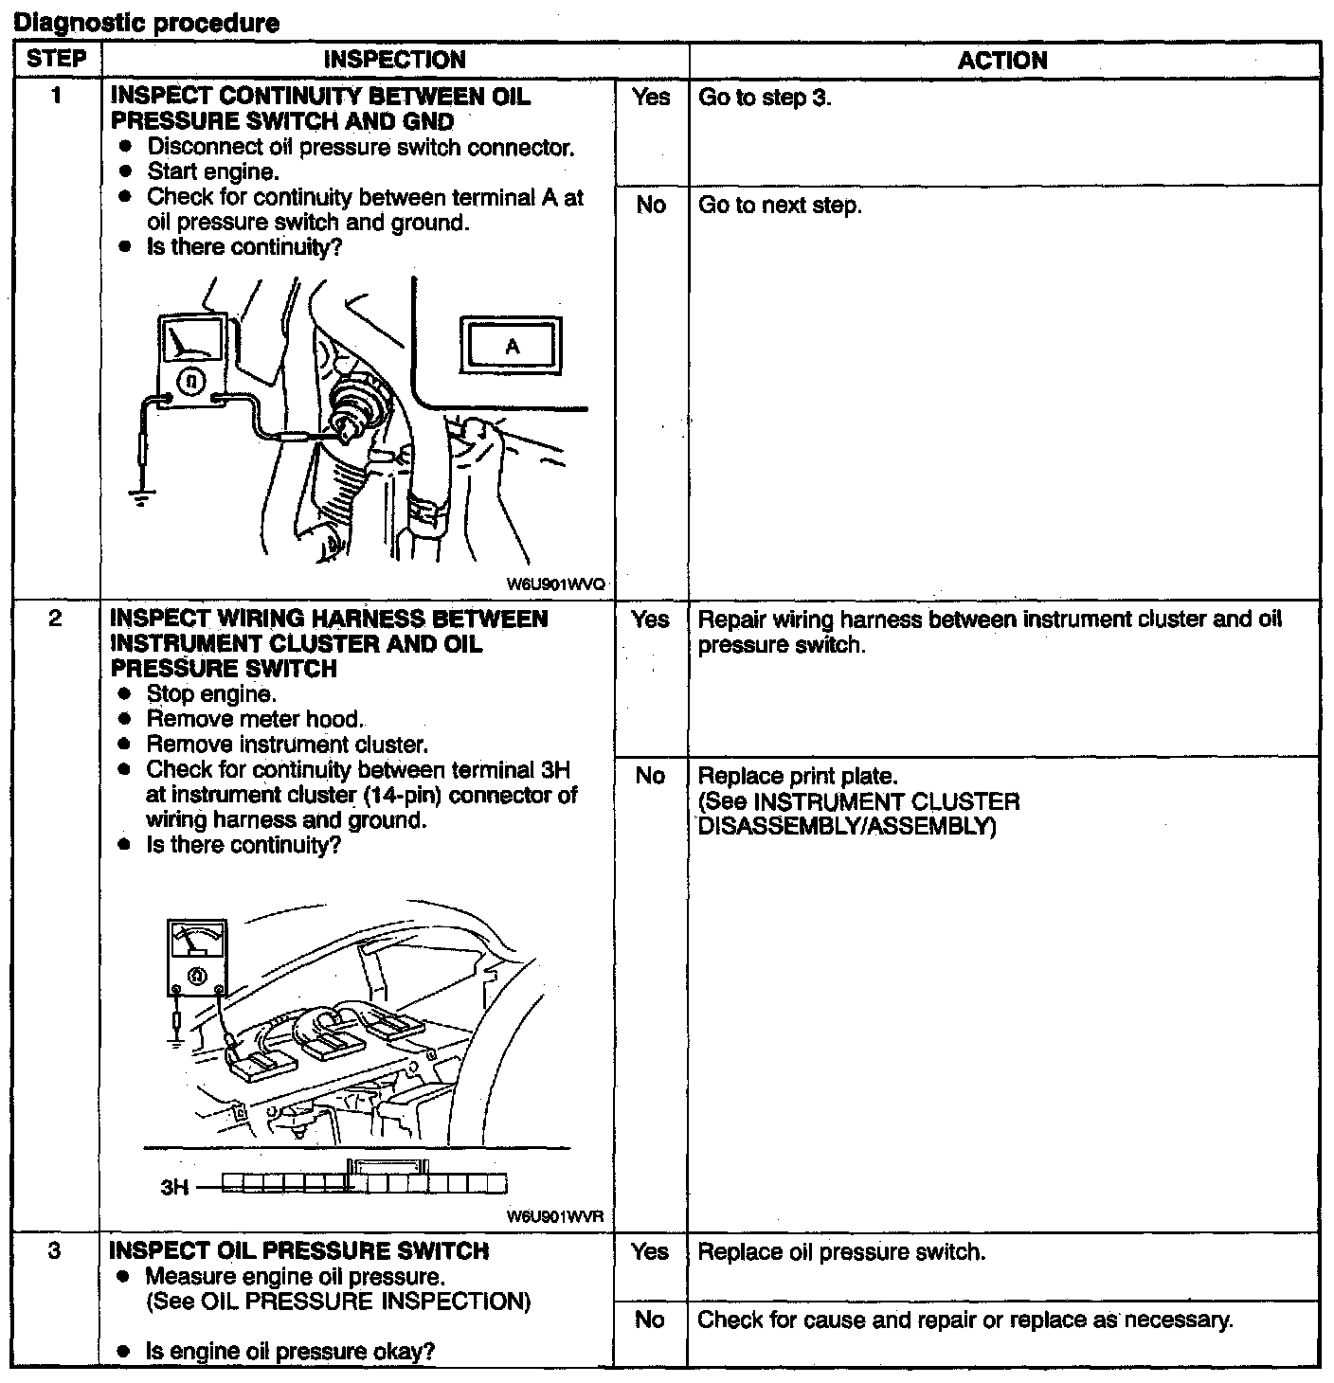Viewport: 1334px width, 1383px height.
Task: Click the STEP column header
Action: point(56,59)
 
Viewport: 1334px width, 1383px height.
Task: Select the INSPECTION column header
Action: point(394,60)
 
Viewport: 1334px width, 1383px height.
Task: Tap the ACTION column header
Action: point(1002,61)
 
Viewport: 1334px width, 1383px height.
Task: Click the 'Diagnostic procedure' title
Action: point(147,23)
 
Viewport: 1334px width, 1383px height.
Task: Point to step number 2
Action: point(56,619)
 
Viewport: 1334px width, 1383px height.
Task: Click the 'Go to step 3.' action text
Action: point(765,98)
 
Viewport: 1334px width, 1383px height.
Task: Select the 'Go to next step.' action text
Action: point(780,206)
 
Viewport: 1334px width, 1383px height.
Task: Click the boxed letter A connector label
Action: point(512,346)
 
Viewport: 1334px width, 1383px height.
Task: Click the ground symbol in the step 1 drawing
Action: point(141,498)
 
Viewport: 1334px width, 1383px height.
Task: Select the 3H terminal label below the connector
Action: point(174,1186)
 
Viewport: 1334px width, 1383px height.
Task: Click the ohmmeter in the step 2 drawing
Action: point(196,956)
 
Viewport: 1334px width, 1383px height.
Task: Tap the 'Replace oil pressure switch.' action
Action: point(841,1252)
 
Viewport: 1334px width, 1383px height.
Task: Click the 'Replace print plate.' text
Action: point(796,777)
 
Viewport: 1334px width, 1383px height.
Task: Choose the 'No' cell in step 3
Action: point(649,1320)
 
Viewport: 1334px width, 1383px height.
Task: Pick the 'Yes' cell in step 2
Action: point(650,620)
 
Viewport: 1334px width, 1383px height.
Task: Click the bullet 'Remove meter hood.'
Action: point(255,719)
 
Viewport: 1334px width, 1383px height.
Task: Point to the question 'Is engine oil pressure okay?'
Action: point(290,1351)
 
